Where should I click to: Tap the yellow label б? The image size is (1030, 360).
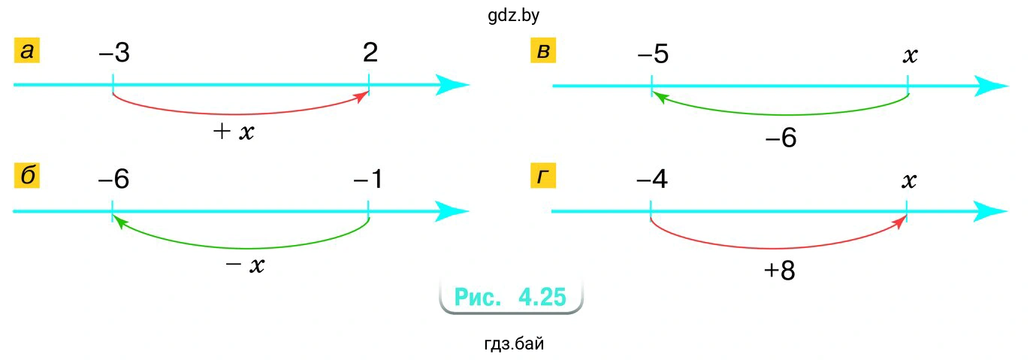tap(27, 176)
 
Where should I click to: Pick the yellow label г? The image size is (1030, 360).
tap(543, 176)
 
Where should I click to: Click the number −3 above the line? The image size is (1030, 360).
tap(114, 53)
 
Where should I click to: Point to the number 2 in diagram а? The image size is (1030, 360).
tap(370, 53)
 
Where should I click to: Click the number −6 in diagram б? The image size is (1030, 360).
tap(114, 180)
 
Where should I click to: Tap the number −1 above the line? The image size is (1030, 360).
tap(368, 180)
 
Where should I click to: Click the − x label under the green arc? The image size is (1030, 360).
tap(245, 265)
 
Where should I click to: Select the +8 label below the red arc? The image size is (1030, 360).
tap(779, 271)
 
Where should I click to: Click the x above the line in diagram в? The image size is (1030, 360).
tap(909, 56)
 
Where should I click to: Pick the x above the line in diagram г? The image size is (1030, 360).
tap(909, 181)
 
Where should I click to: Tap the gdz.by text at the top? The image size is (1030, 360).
tap(513, 14)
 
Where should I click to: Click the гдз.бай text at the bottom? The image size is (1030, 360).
tap(514, 345)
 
